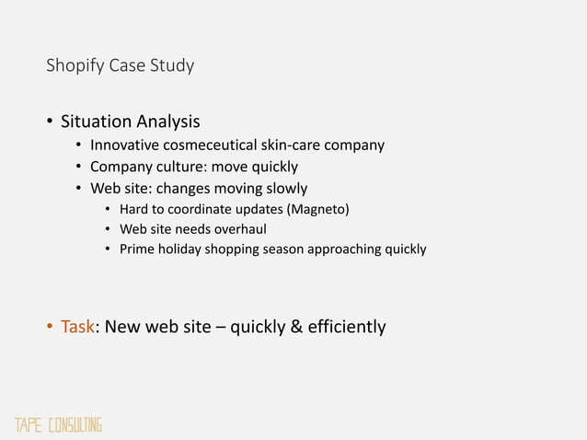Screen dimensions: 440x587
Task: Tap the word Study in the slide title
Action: [170, 66]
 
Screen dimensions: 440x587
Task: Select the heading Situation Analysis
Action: [130, 122]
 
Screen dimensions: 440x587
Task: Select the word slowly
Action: [283, 189]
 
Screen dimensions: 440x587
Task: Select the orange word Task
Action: [77, 327]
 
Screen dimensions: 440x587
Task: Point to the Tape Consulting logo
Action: [57, 425]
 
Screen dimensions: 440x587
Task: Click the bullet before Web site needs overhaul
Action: [109, 229]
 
